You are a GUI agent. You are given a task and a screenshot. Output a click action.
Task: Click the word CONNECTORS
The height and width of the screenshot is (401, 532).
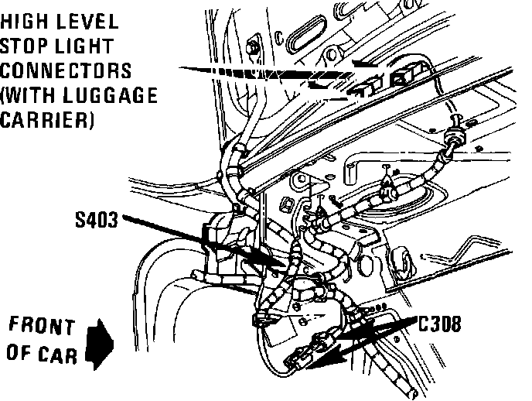point(66,70)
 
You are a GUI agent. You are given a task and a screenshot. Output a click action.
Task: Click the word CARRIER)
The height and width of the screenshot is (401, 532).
point(49,122)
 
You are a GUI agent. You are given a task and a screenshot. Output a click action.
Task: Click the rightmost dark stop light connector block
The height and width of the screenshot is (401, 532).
point(404,76)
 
